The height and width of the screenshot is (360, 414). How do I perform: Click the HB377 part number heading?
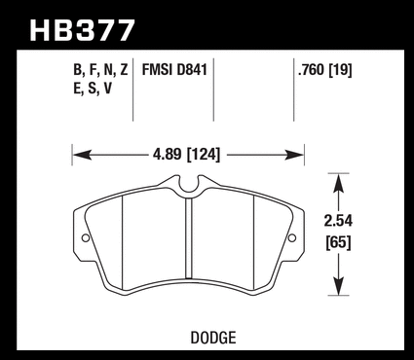(82, 30)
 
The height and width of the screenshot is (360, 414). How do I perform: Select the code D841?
(192, 70)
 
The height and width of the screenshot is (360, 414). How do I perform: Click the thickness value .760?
(311, 70)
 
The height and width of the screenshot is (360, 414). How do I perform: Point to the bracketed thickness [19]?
(340, 70)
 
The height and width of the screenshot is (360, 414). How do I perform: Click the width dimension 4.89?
(167, 155)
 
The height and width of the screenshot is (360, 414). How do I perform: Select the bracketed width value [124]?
(203, 155)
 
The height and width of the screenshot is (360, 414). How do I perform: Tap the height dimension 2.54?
(338, 221)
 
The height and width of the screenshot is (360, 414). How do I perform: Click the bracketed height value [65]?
(339, 242)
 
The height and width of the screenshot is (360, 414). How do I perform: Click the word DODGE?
(213, 338)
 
